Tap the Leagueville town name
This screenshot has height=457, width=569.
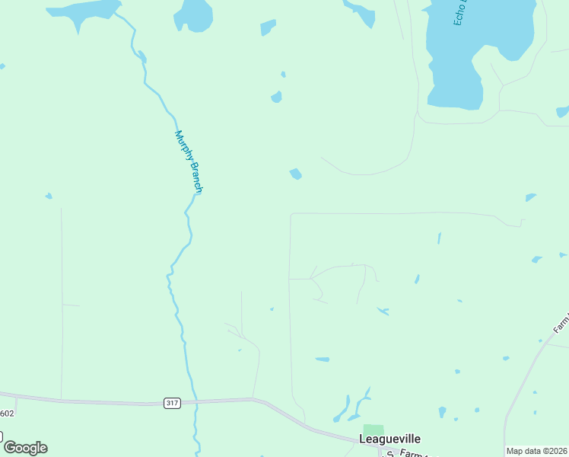[x=389, y=439]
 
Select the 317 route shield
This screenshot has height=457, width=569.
[x=172, y=403]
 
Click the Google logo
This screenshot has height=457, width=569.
[x=25, y=448]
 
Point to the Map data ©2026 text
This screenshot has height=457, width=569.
[x=537, y=451]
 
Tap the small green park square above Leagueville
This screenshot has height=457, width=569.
[x=373, y=431]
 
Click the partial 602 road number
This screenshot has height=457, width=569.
[x=7, y=414]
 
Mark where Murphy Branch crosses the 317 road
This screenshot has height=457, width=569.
[x=195, y=400]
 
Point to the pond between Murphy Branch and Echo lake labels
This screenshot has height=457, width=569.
[x=296, y=174]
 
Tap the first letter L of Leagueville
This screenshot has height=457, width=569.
[x=362, y=439]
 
